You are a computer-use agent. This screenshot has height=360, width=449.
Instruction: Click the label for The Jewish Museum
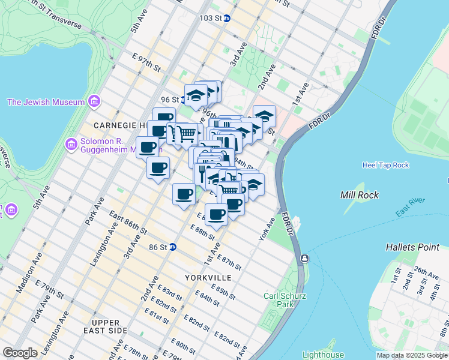click(46, 102)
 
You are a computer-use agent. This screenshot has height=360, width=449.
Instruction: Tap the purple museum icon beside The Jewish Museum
click(93, 102)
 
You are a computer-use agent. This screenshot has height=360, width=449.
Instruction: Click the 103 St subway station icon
click(227, 18)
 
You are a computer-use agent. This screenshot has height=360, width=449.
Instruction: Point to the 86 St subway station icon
click(172, 247)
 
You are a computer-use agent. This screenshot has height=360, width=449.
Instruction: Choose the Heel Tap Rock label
click(385, 165)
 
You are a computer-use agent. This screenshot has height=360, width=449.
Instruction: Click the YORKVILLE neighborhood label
click(208, 278)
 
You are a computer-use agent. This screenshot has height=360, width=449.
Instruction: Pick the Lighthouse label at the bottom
click(323, 355)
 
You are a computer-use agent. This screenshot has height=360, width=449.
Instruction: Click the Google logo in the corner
click(20, 353)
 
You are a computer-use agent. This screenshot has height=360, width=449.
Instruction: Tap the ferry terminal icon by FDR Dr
click(305, 259)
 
